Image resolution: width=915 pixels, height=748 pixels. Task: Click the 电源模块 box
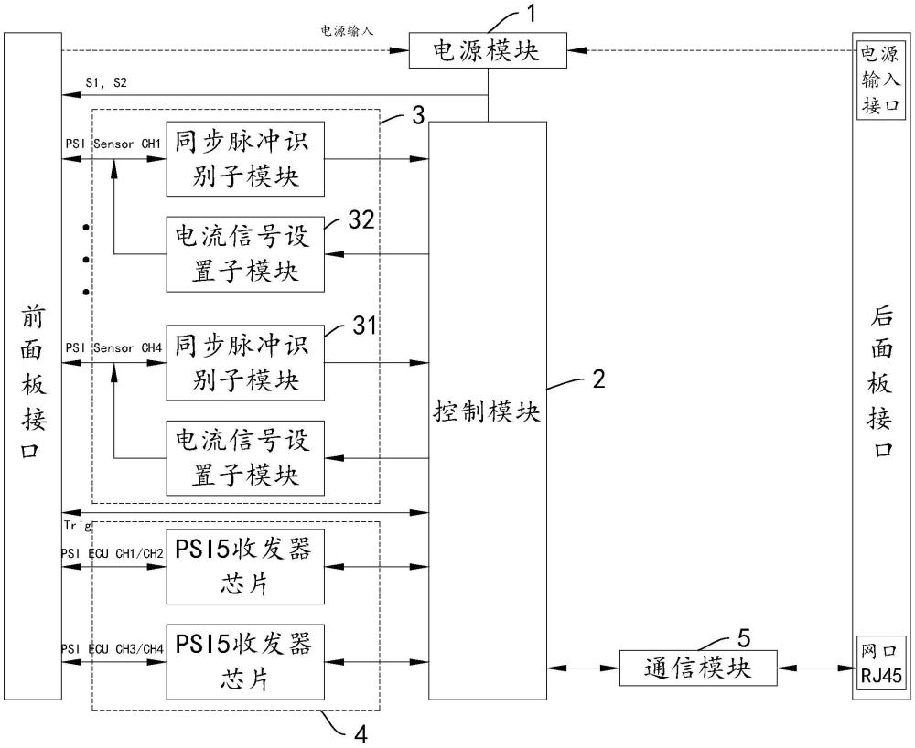coord(488,50)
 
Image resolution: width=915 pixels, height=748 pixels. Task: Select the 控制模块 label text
coord(487,411)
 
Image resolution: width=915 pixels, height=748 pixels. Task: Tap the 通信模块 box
coord(698,668)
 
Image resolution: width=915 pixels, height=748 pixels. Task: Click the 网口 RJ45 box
coord(881,664)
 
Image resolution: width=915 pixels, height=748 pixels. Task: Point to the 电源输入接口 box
coord(881,80)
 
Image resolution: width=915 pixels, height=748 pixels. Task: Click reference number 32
coord(361,219)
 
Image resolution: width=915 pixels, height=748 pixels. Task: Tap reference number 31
coord(364,326)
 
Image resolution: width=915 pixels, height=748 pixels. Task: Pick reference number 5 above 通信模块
coord(744,638)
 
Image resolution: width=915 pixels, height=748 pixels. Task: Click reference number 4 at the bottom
coord(361,734)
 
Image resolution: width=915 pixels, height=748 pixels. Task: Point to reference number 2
coord(598,379)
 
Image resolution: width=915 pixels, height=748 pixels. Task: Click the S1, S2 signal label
coord(106,83)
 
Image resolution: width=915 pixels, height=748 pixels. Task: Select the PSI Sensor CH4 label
coord(113,348)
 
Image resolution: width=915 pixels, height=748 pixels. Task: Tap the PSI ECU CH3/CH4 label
coord(113,649)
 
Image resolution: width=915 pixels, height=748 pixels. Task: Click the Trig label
coord(78,526)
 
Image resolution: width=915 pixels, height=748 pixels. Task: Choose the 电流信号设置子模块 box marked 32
coord(245,254)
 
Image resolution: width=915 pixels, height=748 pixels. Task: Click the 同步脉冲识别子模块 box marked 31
coord(245,363)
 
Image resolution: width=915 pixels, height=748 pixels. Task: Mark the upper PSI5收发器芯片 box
coord(245,567)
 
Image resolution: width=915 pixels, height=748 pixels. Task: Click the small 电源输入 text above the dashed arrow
coord(347,30)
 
